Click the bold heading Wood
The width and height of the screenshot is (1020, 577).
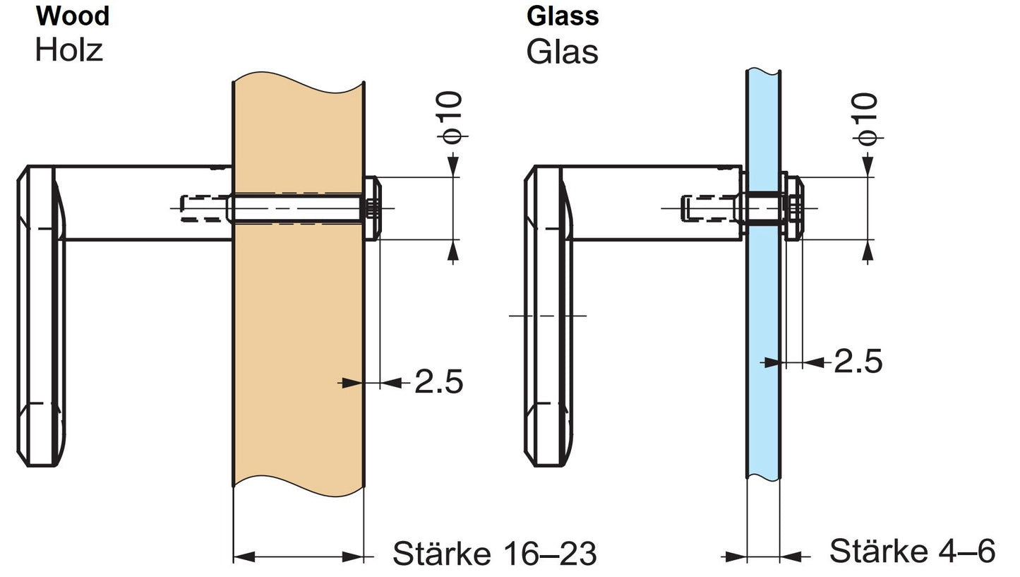(72, 15)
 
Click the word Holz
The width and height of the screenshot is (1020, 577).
(68, 49)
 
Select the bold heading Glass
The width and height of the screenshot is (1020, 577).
(563, 16)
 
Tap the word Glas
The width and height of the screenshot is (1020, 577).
(562, 52)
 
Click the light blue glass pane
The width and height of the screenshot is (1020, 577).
(763, 318)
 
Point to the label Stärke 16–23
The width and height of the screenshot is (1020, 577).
(494, 553)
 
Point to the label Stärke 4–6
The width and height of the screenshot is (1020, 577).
(911, 550)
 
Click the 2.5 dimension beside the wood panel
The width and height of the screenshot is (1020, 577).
(438, 382)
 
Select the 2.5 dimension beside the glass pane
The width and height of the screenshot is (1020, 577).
(858, 361)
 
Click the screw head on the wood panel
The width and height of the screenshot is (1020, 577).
(372, 209)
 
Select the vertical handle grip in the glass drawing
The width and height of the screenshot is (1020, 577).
(545, 318)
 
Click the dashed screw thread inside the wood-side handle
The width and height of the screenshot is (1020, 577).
(205, 209)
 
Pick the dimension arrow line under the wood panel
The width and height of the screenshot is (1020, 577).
(298, 557)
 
